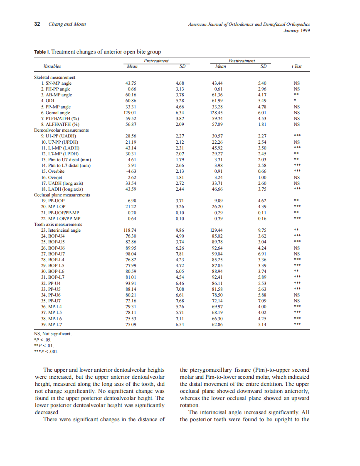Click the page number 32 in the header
tap(37, 24)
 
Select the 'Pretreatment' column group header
tap(156, 61)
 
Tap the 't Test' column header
tap(296, 66)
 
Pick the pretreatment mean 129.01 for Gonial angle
tap(131, 113)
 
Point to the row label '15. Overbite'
tap(52, 171)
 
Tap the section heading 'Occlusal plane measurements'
tap(62, 195)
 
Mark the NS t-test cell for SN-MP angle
tap(296, 83)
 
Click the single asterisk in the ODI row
tap(294, 101)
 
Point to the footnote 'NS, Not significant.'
tap(53, 334)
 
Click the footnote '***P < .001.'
tap(47, 351)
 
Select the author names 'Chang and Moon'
tap(67, 24)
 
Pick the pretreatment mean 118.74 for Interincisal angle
tap(131, 230)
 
